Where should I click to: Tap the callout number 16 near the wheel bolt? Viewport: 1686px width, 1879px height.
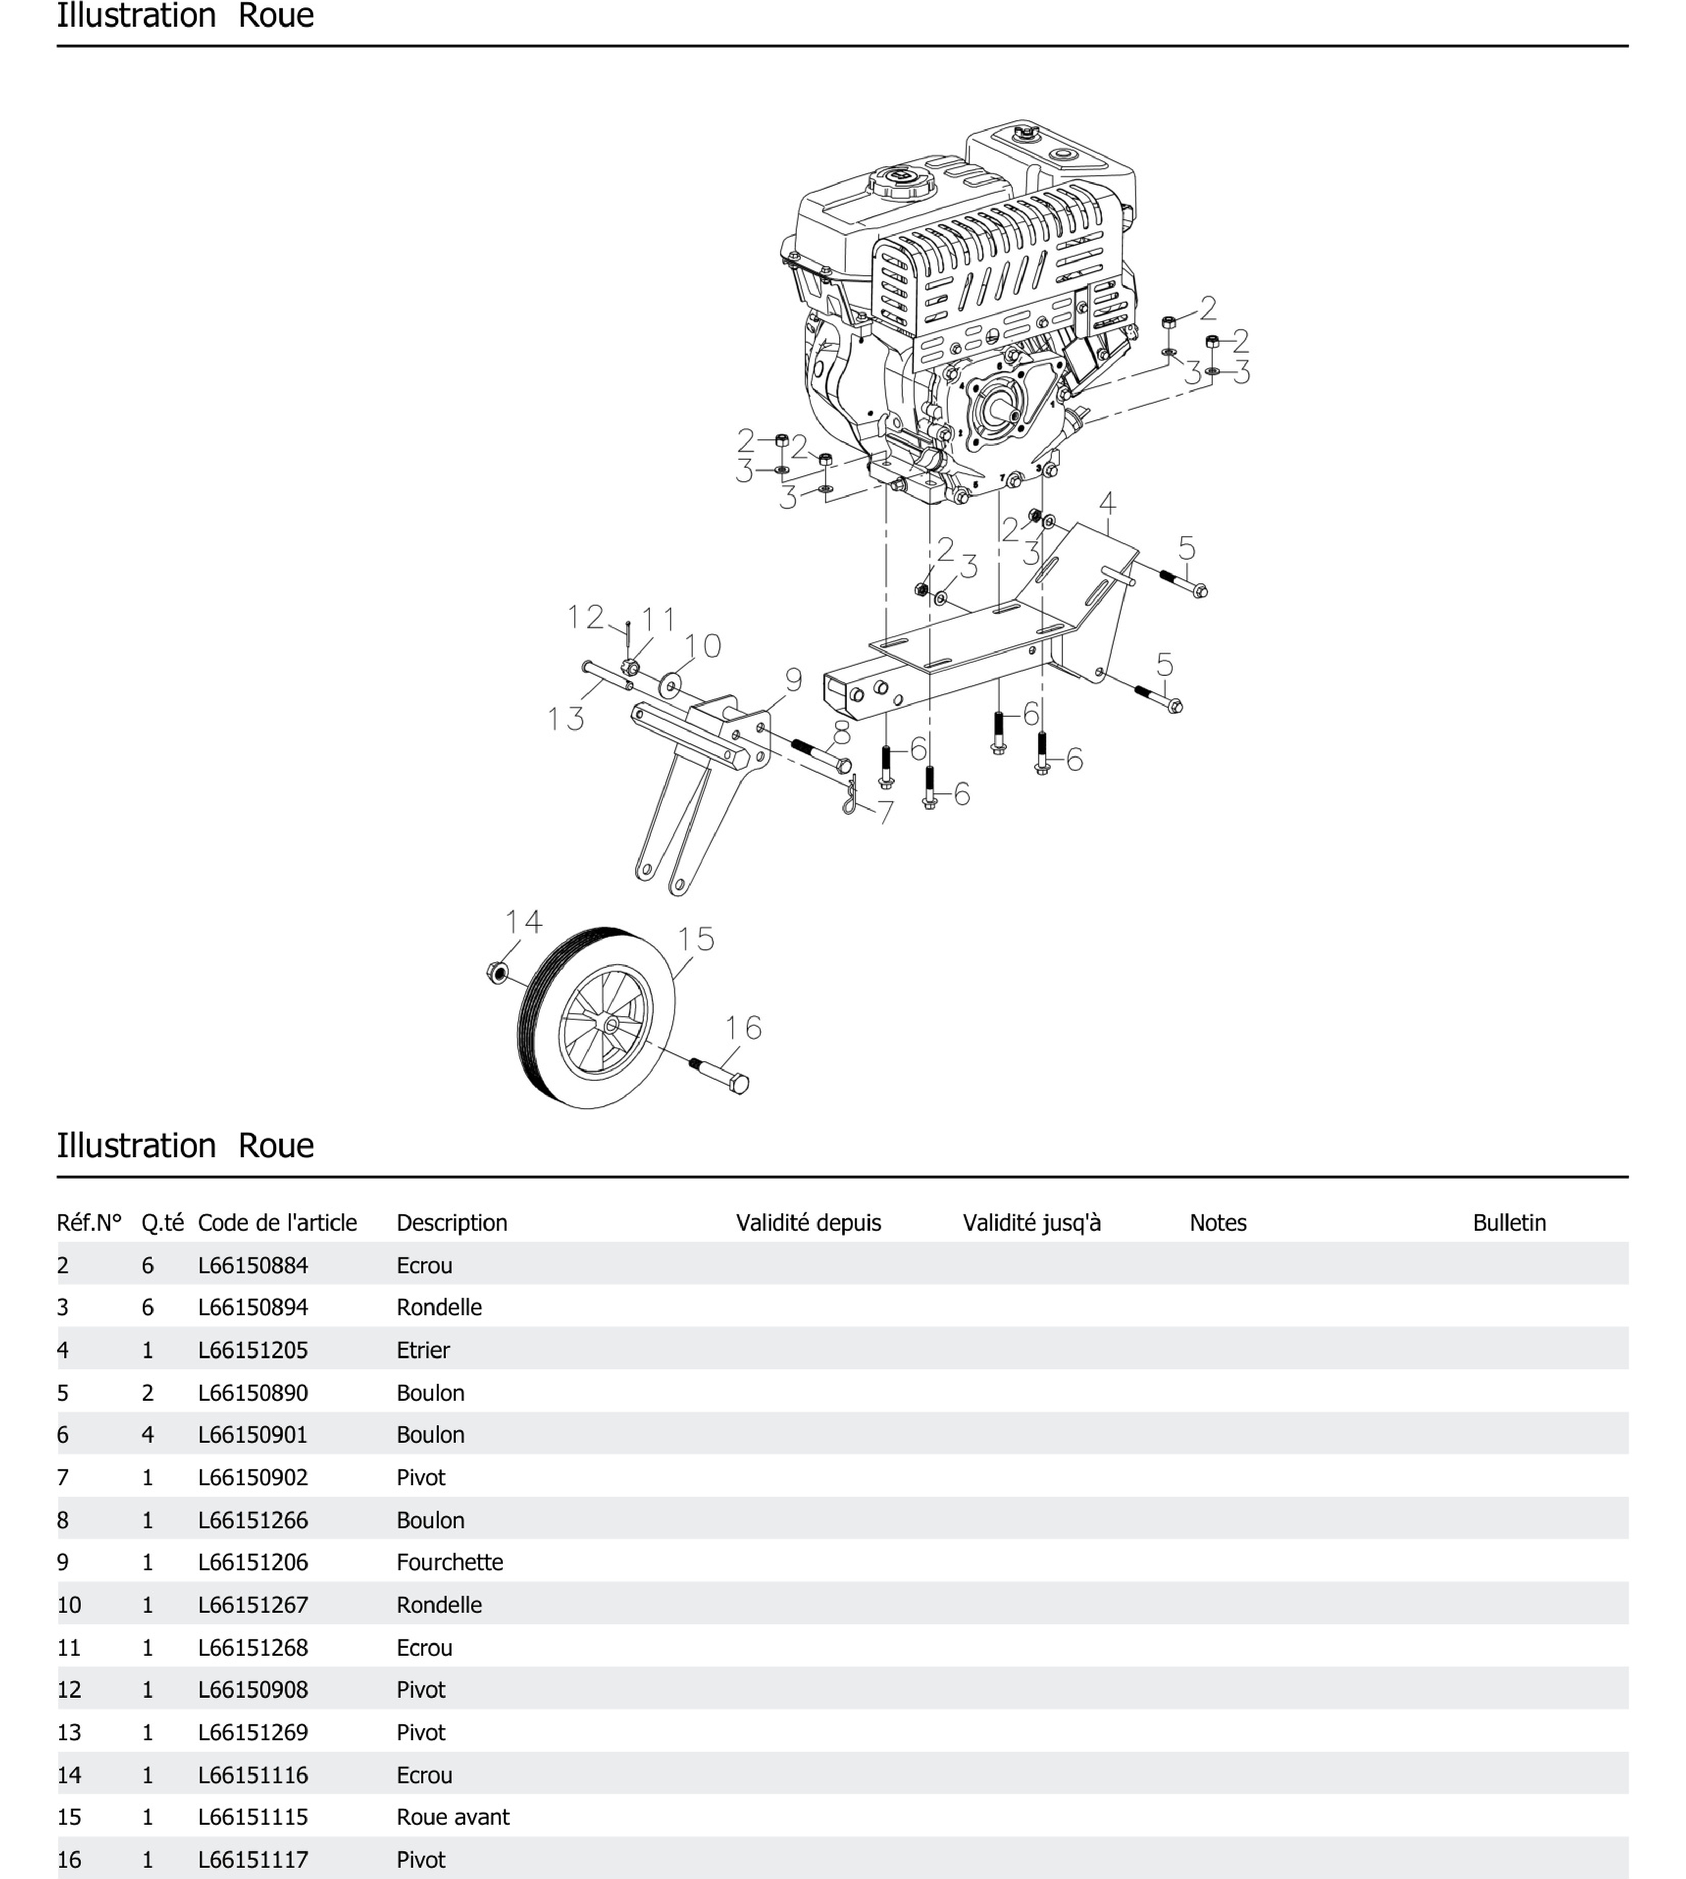[x=743, y=1028]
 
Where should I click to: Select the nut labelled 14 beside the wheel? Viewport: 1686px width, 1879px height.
[x=497, y=972]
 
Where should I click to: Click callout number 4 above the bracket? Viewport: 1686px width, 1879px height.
[x=1107, y=504]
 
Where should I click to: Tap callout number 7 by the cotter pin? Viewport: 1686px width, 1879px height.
[x=886, y=812]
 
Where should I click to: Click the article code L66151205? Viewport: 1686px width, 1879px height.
[x=253, y=1350]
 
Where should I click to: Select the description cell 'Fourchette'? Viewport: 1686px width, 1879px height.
[x=449, y=1562]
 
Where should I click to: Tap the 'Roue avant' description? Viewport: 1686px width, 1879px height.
[x=453, y=1817]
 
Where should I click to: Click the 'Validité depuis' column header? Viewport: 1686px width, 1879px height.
[x=808, y=1222]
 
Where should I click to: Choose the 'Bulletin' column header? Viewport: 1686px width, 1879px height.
[x=1509, y=1222]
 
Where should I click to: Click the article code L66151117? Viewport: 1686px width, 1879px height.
[x=253, y=1860]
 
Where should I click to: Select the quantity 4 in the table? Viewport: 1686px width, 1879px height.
[x=147, y=1434]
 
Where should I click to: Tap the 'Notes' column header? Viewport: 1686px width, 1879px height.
[x=1217, y=1222]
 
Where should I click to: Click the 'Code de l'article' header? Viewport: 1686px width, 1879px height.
[x=277, y=1222]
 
